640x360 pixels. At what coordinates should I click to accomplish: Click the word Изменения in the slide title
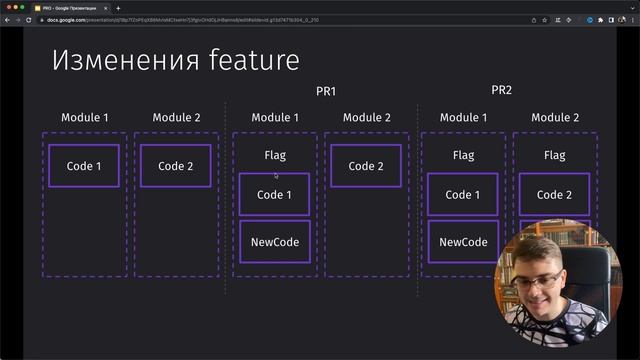[113, 60]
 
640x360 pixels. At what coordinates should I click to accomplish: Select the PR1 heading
[326, 91]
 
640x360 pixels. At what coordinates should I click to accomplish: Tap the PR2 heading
[501, 90]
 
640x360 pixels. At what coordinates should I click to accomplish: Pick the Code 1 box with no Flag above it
[84, 166]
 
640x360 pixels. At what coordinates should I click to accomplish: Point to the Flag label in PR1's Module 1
[275, 155]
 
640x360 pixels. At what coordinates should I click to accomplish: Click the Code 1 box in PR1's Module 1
[275, 194]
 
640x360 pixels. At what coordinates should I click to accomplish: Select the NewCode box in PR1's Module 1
[275, 242]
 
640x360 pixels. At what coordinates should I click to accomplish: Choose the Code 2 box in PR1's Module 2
[366, 166]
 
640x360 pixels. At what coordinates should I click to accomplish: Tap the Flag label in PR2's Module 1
[463, 155]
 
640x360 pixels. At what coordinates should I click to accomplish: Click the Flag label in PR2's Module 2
[554, 155]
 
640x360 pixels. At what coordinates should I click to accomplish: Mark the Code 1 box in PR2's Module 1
[463, 194]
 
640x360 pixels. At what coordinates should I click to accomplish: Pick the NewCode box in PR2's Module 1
[463, 242]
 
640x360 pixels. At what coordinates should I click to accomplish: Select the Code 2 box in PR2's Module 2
[554, 194]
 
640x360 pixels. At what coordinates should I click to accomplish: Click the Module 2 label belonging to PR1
[366, 118]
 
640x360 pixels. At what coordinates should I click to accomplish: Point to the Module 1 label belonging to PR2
[463, 118]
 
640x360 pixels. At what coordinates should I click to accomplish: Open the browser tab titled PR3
[70, 8]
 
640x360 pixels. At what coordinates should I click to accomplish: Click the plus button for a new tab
[118, 8]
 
